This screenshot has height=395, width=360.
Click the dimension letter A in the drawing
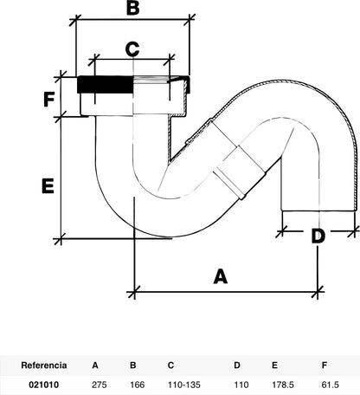221,276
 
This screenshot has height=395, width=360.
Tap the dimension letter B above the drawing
132,8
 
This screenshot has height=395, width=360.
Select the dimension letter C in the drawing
132,49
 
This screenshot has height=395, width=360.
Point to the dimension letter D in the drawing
318,236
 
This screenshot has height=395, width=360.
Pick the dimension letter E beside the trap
48,186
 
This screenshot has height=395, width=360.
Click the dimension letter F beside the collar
49,100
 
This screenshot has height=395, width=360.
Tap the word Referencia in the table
44,366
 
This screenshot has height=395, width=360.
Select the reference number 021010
44,385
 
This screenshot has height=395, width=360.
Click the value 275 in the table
100,385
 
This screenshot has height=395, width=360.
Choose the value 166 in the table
137,385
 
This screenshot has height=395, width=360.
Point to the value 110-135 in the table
184,385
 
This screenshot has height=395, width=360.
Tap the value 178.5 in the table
283,385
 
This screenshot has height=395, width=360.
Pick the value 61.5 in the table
330,385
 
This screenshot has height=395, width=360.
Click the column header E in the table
274,366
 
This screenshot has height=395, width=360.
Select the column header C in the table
170,366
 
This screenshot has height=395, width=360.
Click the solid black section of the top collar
106,84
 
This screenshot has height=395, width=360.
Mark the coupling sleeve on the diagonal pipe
241,172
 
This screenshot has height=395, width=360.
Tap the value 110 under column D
241,385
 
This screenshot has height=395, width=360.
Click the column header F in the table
325,366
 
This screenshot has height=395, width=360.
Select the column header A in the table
95,366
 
